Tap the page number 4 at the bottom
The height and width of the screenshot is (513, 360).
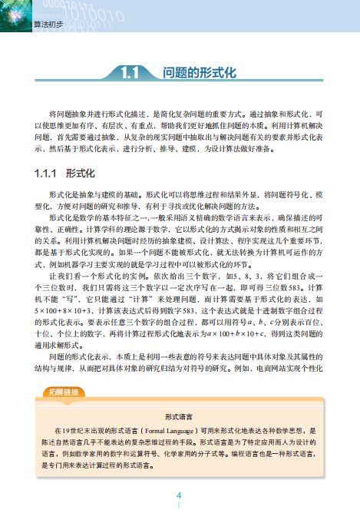(x=180, y=495)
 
